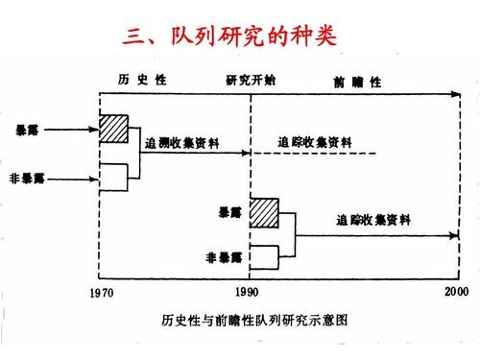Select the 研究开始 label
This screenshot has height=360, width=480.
point(252,80)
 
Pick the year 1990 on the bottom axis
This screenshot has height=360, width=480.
point(249,291)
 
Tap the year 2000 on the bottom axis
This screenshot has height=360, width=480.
point(455,291)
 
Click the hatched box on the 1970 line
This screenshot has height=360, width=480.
point(114,129)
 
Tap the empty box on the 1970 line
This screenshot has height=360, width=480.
point(114,178)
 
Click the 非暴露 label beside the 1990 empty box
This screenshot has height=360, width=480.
point(226,256)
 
